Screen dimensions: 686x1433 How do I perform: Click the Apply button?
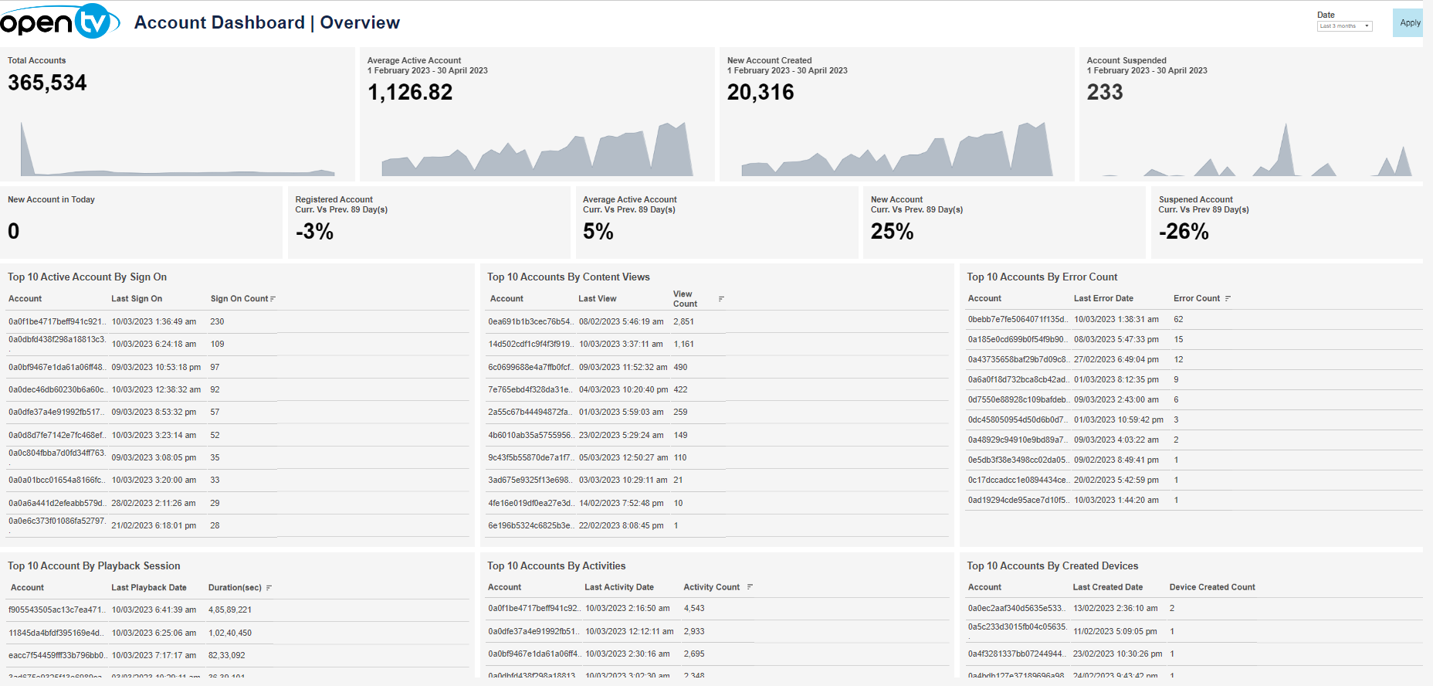(x=1409, y=23)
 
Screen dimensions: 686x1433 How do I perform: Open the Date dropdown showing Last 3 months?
(x=1344, y=26)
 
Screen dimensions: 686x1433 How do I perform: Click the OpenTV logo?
(x=59, y=22)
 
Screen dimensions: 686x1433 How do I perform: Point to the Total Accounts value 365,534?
(x=47, y=83)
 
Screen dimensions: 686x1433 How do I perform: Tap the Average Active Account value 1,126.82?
(x=410, y=93)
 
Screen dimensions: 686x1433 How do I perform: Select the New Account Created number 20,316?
(x=761, y=93)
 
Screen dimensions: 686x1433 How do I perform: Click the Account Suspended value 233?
(x=1105, y=93)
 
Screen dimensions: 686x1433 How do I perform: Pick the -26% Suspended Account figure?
(x=1184, y=232)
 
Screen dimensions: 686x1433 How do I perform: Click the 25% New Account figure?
(x=892, y=232)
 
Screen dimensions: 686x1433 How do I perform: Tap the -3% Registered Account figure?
(x=314, y=232)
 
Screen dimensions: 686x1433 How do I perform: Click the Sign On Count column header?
(x=239, y=299)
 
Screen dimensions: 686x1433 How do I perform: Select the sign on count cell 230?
(x=217, y=321)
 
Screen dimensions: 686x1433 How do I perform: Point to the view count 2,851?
(x=683, y=321)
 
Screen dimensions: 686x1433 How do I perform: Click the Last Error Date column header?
(x=1103, y=299)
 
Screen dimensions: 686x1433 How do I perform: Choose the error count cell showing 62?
(x=1178, y=319)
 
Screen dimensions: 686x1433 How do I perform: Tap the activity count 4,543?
(x=694, y=609)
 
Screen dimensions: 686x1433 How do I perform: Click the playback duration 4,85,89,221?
(x=230, y=610)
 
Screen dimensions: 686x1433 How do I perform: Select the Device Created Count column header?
(x=1212, y=588)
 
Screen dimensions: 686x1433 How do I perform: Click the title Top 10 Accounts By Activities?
(x=556, y=566)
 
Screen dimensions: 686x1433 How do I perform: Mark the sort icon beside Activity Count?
(x=750, y=588)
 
